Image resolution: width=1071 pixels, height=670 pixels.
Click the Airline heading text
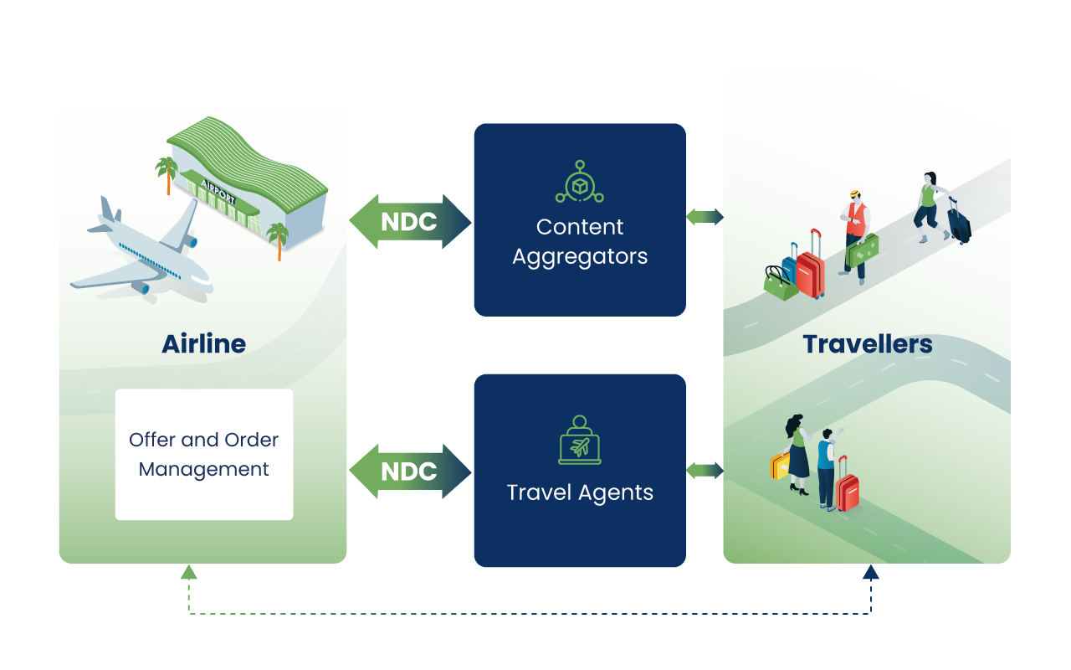(x=203, y=344)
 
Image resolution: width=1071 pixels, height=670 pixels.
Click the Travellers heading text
(x=867, y=344)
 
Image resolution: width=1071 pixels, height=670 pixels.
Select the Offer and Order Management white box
(x=204, y=454)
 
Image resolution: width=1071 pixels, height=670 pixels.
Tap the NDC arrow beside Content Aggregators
(x=409, y=222)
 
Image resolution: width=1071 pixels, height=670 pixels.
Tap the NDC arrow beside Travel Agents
(x=409, y=472)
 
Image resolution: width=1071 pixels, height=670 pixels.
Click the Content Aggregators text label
(x=580, y=241)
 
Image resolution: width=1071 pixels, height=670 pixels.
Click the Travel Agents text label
(x=580, y=492)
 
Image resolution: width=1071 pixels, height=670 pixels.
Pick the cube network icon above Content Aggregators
(x=579, y=182)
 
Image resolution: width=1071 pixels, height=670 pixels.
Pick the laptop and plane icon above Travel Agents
(x=579, y=440)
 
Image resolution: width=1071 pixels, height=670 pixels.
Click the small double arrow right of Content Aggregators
(x=705, y=217)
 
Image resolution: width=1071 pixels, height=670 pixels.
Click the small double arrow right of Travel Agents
(x=705, y=471)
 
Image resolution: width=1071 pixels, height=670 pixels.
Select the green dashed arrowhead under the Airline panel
(x=188, y=573)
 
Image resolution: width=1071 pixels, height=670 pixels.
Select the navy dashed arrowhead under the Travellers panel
(x=871, y=573)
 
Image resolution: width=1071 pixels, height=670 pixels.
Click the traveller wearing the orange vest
(x=854, y=230)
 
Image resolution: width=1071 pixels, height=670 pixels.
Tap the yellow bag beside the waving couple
(x=780, y=466)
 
